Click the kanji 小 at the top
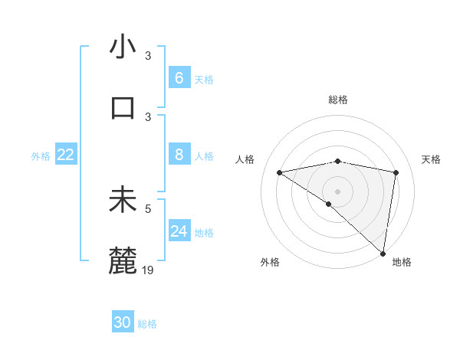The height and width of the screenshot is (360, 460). tap(123, 47)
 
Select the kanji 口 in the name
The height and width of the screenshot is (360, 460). tap(123, 107)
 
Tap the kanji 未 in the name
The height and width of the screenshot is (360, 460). tap(123, 200)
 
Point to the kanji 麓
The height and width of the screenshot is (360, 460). tap(123, 261)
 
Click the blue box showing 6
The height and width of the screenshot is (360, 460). tap(179, 77)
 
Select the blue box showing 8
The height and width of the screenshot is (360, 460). tap(179, 155)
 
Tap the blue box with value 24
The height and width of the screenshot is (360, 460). tap(179, 231)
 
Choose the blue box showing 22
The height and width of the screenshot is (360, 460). tap(65, 155)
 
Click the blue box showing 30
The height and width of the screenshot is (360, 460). tap(123, 322)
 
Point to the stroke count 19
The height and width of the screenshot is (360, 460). tap(148, 270)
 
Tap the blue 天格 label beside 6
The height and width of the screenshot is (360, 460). tap(204, 79)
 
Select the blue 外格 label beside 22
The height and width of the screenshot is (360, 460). tap(41, 155)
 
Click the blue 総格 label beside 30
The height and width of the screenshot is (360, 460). tap(147, 324)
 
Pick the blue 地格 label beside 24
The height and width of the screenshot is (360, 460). tap(204, 232)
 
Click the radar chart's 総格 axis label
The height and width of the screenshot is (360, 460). tap(338, 100)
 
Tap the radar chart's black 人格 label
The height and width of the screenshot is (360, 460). tap(245, 159)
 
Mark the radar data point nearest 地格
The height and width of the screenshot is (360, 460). tap(383, 253)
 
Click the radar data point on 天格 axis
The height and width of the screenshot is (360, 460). tap(396, 172)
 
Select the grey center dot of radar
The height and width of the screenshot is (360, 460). tap(337, 190)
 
